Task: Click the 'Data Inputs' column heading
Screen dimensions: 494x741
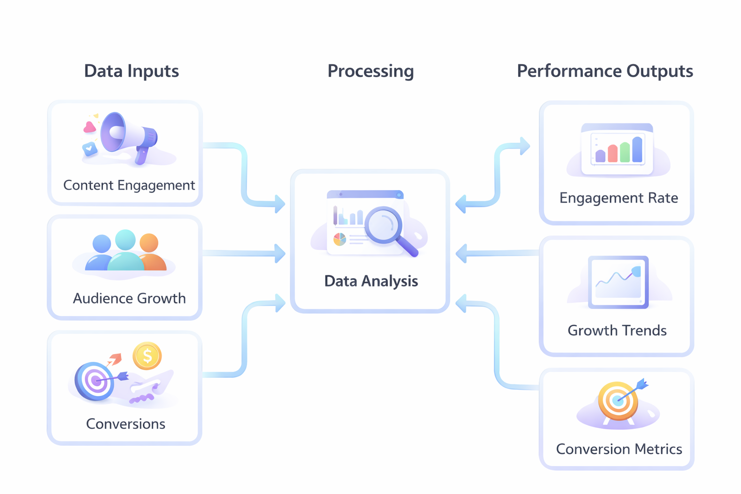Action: tap(131, 71)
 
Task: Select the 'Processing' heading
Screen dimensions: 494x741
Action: tap(370, 71)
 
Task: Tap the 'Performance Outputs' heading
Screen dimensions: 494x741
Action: tap(604, 71)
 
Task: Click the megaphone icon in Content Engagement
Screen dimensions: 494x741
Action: tap(128, 135)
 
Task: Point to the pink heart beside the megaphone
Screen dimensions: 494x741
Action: tap(89, 127)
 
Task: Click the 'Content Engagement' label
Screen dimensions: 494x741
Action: tap(129, 185)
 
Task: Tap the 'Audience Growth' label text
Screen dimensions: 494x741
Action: tap(129, 298)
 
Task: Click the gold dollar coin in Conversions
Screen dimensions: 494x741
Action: tap(147, 356)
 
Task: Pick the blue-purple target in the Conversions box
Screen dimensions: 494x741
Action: tap(94, 381)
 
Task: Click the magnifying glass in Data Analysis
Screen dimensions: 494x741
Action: tap(386, 228)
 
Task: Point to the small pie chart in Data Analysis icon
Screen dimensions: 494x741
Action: tap(340, 239)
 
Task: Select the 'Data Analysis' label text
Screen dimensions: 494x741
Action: tap(370, 281)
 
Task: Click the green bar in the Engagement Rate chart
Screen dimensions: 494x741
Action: tap(625, 152)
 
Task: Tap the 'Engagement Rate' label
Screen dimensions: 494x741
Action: tap(618, 198)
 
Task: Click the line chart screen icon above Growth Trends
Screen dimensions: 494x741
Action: tap(618, 282)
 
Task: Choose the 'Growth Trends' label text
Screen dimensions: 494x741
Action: tap(617, 330)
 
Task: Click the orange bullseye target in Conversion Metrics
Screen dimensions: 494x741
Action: tap(617, 400)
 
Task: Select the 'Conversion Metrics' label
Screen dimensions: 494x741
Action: tap(618, 449)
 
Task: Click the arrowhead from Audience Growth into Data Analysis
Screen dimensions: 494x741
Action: tap(280, 253)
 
